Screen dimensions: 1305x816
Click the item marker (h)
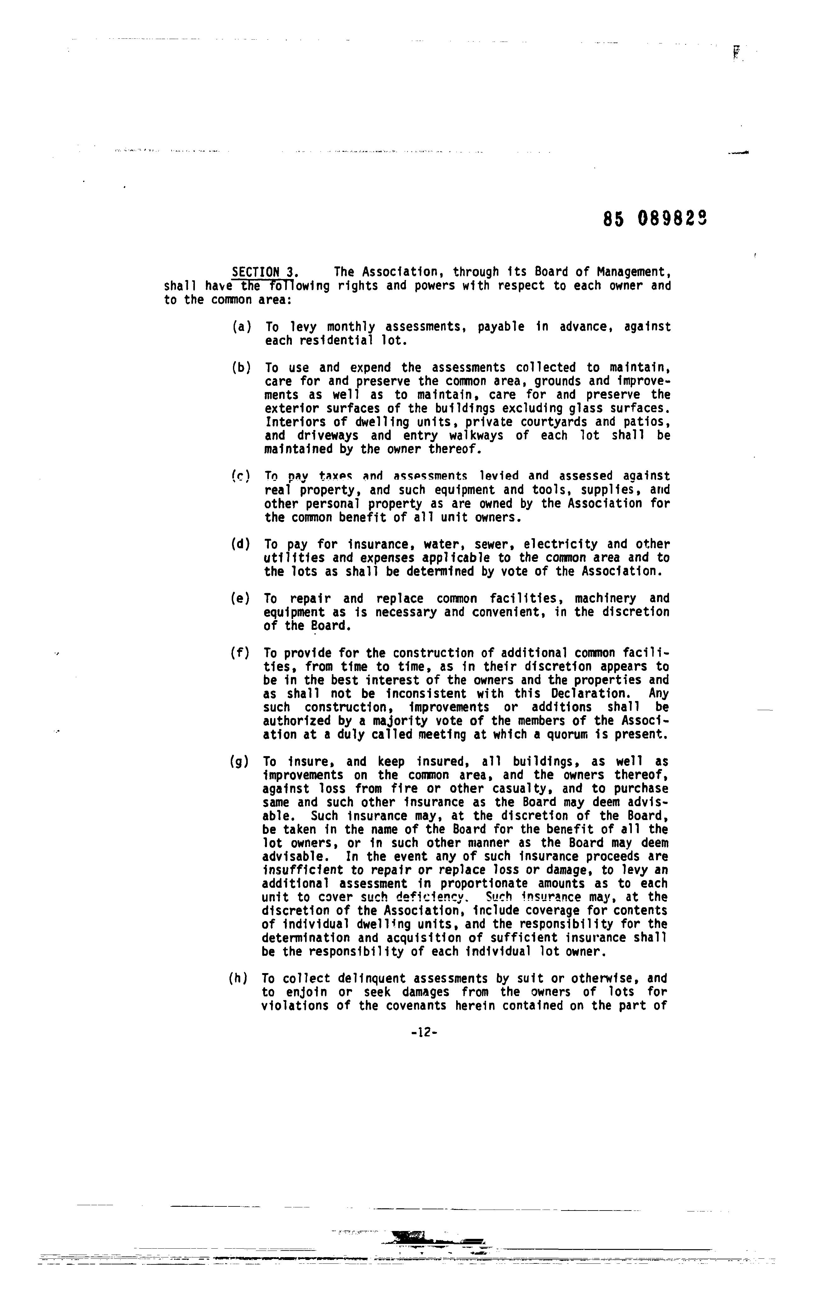239,978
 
